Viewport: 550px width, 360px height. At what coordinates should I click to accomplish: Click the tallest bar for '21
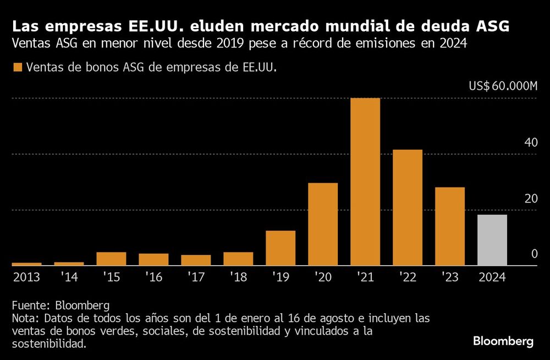pyautogui.click(x=365, y=182)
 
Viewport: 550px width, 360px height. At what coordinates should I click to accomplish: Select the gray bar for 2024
pyautogui.click(x=492, y=240)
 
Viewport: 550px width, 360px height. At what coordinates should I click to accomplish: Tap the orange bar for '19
pyautogui.click(x=280, y=248)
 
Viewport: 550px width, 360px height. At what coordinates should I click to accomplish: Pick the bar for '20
pyautogui.click(x=323, y=224)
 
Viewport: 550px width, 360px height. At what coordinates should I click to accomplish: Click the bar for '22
pyautogui.click(x=408, y=208)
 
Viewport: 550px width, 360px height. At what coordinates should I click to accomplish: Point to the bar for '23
pyautogui.click(x=450, y=226)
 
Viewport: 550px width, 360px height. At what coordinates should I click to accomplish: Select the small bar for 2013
pyautogui.click(x=26, y=264)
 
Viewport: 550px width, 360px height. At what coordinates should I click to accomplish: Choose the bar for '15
pyautogui.click(x=111, y=259)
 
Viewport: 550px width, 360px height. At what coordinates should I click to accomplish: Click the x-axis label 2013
pyautogui.click(x=26, y=277)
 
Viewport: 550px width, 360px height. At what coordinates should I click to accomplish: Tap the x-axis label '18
pyautogui.click(x=238, y=277)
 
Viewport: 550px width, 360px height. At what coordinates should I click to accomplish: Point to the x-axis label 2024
pyautogui.click(x=492, y=277)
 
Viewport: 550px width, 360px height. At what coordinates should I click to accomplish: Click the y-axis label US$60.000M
pyautogui.click(x=503, y=86)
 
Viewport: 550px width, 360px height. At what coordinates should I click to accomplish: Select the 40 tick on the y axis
pyautogui.click(x=531, y=143)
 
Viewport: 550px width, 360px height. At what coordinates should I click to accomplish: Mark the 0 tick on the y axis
pyautogui.click(x=533, y=254)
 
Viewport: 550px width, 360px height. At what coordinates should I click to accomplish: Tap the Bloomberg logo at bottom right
pyautogui.click(x=503, y=341)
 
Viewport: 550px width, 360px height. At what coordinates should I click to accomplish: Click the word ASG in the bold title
pyautogui.click(x=491, y=26)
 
